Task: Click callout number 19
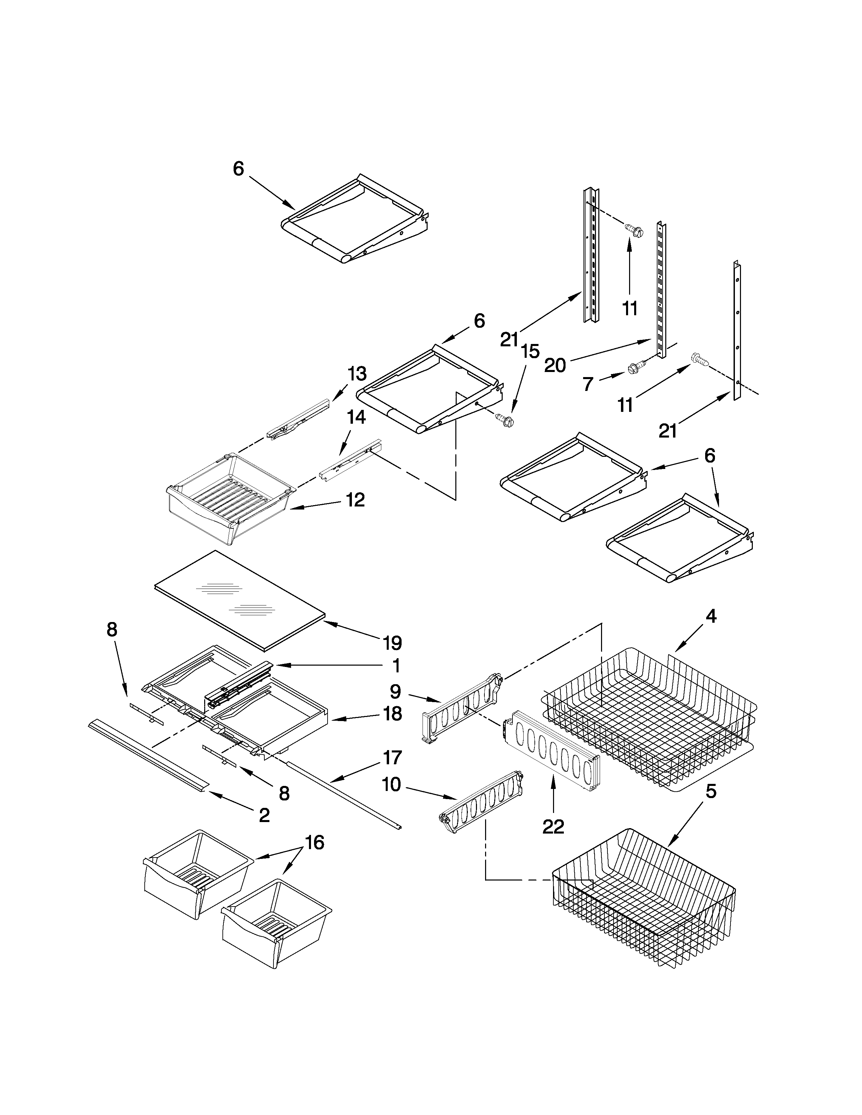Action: [x=392, y=643]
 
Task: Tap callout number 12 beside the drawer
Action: [x=355, y=499]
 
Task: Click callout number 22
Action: [x=553, y=826]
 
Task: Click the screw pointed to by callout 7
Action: [x=636, y=366]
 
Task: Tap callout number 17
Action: [x=392, y=757]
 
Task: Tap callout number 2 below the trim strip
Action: [x=264, y=815]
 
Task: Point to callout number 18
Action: [x=392, y=713]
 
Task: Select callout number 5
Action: [x=711, y=792]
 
